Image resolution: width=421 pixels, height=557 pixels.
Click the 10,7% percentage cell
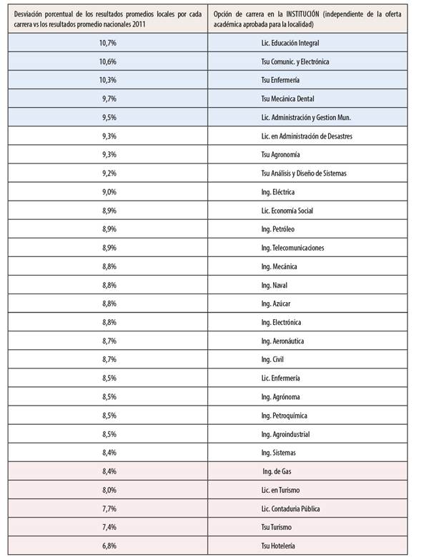[x=109, y=44]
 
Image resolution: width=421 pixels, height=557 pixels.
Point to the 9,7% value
[x=109, y=99]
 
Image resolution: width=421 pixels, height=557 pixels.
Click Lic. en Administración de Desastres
[x=307, y=136]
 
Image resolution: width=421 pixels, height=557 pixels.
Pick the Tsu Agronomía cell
[x=281, y=155]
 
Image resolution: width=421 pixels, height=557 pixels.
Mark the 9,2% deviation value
[x=109, y=174]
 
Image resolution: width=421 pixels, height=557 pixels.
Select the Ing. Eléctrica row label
[x=278, y=192]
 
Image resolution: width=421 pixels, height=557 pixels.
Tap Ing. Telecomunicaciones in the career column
[x=293, y=248]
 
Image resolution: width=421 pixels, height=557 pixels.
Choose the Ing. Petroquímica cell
[x=284, y=415]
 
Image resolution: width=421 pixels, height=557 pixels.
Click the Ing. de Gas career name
[x=277, y=471]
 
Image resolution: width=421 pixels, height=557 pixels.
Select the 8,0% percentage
[x=109, y=489]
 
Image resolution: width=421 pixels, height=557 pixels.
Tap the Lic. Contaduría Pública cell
[x=291, y=508]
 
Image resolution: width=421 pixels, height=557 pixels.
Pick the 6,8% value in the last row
[x=109, y=545]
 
